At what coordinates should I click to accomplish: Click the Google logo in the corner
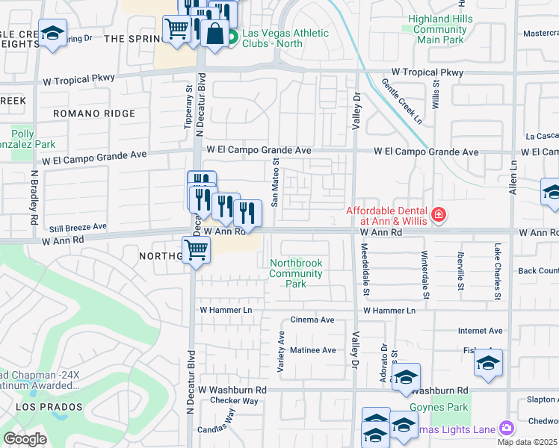(25, 439)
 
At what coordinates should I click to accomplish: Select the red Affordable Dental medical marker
(438, 217)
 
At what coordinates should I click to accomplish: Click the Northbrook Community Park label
(297, 273)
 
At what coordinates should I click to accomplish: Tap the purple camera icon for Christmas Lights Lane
(507, 427)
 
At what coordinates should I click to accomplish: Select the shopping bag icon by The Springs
(214, 34)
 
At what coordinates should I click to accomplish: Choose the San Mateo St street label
(275, 182)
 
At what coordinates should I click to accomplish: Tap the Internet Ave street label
(480, 331)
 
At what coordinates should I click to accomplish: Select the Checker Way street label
(233, 401)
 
